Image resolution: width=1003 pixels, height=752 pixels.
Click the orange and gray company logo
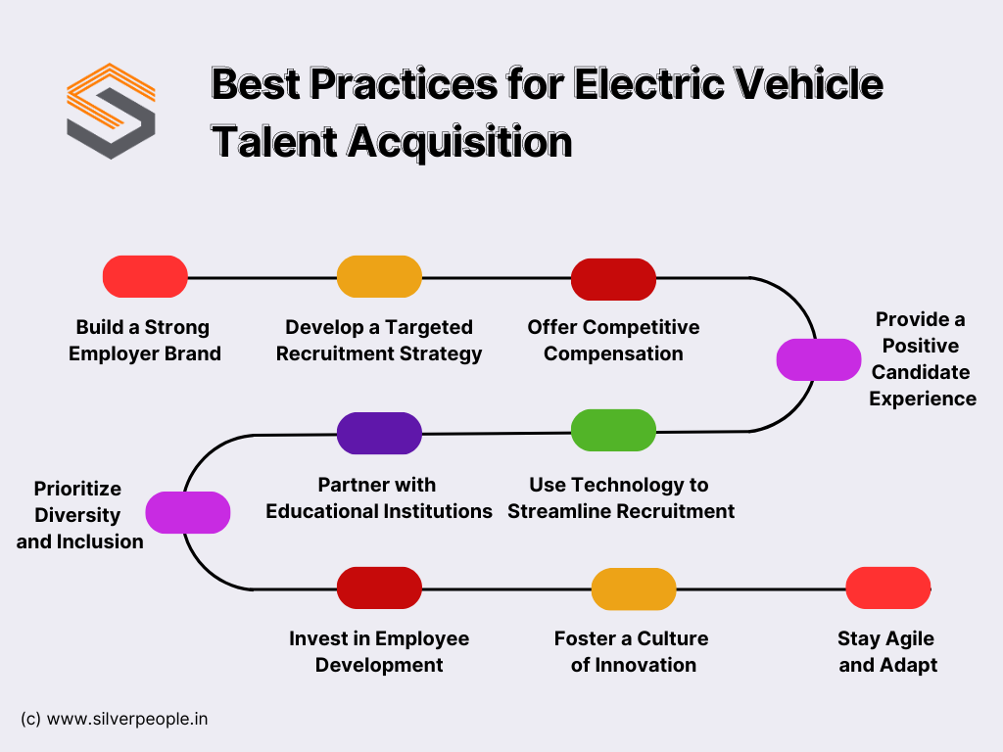pyautogui.click(x=111, y=111)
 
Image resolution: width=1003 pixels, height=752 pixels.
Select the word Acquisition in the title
pyautogui.click(x=460, y=143)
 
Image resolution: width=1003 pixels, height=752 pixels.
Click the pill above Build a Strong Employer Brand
pyautogui.click(x=145, y=276)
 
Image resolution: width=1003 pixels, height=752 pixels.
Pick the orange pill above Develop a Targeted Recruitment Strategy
pyautogui.click(x=379, y=276)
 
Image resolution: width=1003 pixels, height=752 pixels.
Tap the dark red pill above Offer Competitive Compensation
pyautogui.click(x=613, y=279)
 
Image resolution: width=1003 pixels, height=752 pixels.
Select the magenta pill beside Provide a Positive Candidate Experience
pyautogui.click(x=819, y=359)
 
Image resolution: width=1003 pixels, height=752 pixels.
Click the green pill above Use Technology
pyautogui.click(x=613, y=431)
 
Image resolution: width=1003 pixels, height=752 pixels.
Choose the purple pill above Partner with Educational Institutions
pyautogui.click(x=379, y=433)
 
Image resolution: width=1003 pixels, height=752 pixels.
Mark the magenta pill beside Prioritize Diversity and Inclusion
pyautogui.click(x=188, y=512)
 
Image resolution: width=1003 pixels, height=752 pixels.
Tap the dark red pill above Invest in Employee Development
pyautogui.click(x=379, y=587)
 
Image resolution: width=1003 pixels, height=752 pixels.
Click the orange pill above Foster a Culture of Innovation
pyautogui.click(x=634, y=588)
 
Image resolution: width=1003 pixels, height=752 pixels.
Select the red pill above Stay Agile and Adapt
pyautogui.click(x=887, y=587)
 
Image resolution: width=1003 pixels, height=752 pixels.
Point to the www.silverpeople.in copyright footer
pyautogui.click(x=115, y=719)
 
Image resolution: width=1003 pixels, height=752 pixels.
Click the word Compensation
pyautogui.click(x=613, y=353)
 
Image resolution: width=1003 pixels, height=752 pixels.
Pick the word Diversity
pyautogui.click(x=77, y=515)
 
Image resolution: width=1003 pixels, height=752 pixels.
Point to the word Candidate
pyautogui.click(x=921, y=372)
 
